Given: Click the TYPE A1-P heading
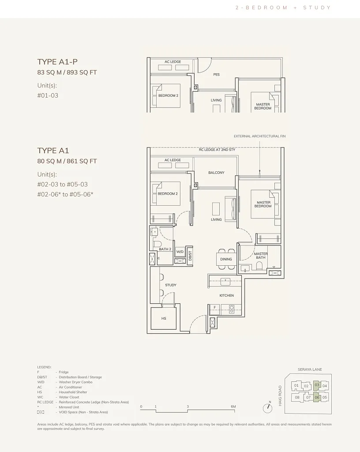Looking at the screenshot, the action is (x=57, y=62).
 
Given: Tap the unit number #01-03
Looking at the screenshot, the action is (x=48, y=95).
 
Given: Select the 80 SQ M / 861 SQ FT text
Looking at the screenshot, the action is (x=67, y=161).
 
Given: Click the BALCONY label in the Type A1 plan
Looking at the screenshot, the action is (x=216, y=173).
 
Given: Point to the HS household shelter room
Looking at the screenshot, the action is (x=164, y=318).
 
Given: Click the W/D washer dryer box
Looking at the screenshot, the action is (x=180, y=251).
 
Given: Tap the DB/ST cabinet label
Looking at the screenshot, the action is (x=190, y=256).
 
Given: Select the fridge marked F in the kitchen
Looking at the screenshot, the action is (x=215, y=308).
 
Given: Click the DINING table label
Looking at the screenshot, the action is (x=226, y=259).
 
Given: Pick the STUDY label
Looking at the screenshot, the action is (x=171, y=285).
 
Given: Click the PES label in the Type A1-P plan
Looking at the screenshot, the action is (x=216, y=74).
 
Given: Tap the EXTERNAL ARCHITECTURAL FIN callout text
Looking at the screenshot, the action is (x=260, y=136).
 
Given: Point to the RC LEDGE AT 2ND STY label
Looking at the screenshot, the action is (x=217, y=150).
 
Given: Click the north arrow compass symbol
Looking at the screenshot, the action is (x=267, y=408).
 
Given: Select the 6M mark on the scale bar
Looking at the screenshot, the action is (x=233, y=407).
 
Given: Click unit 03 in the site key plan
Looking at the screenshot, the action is (x=317, y=385).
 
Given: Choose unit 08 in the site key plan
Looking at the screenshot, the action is (x=297, y=397).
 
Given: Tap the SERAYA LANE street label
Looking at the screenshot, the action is (x=310, y=369).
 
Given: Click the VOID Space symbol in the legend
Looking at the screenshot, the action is (x=41, y=412).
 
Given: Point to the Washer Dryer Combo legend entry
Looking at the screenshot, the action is (x=75, y=382).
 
